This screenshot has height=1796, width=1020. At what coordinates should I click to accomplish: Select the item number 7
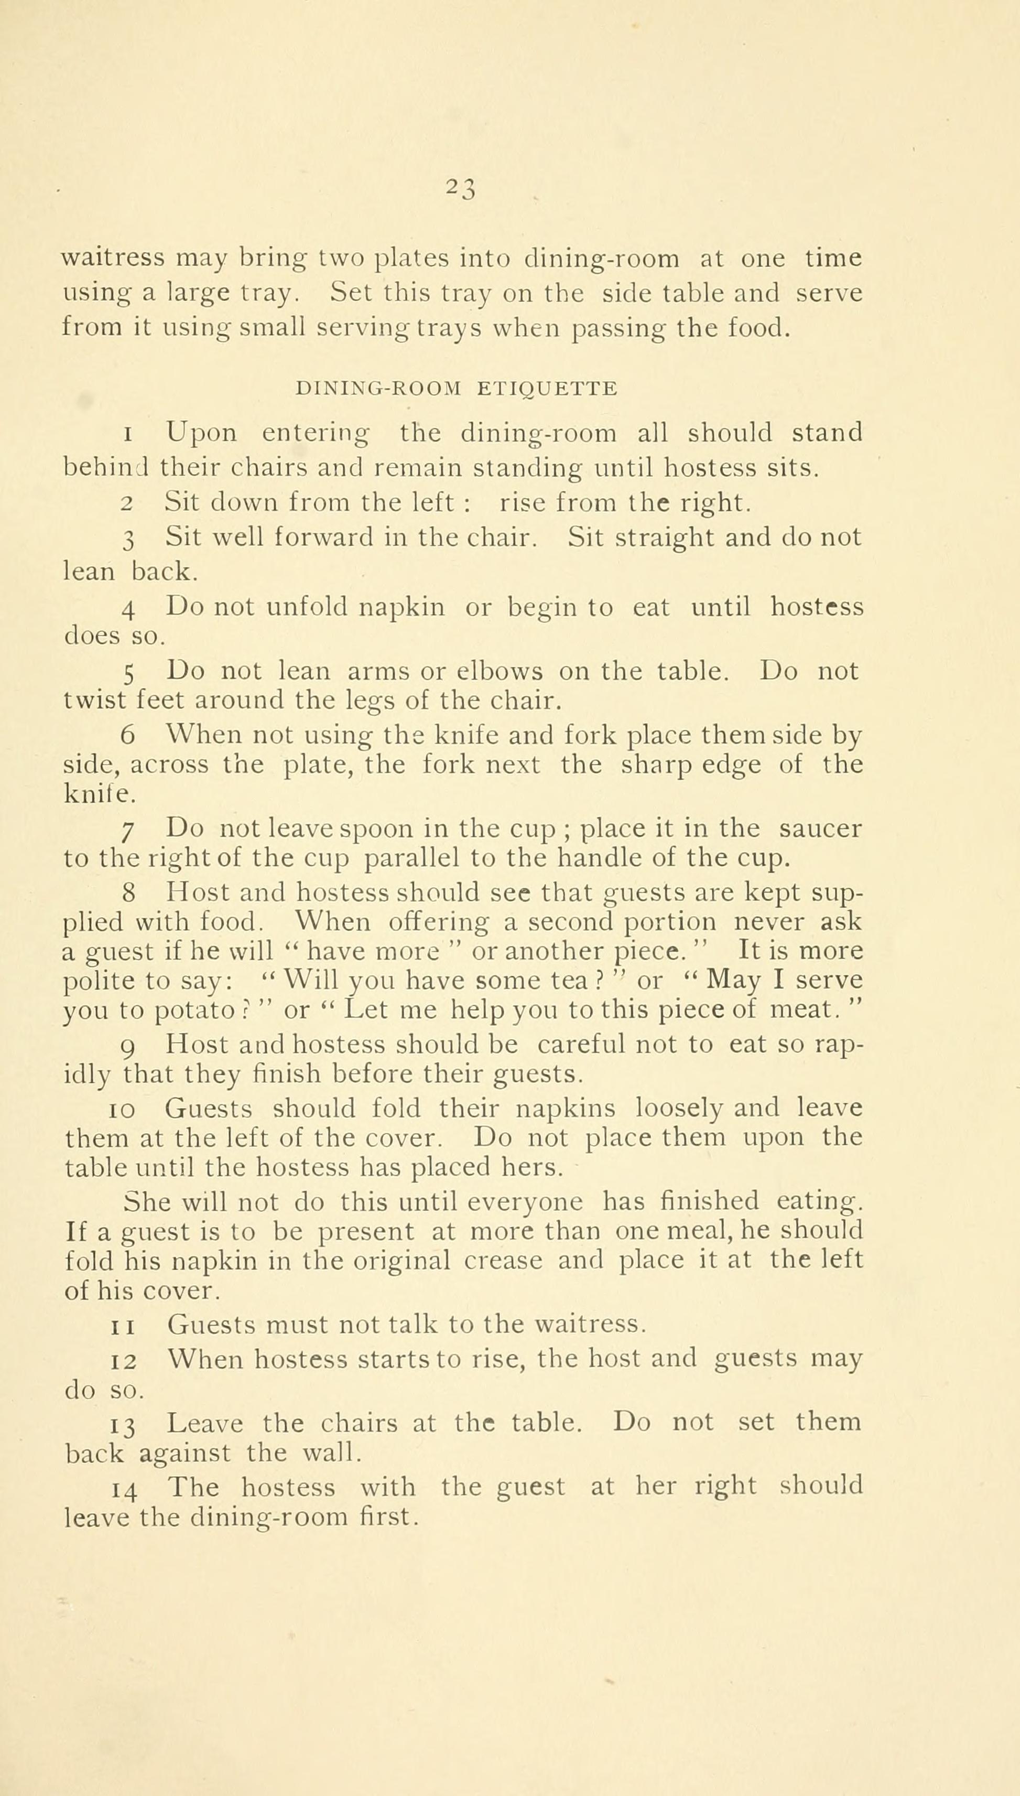(x=127, y=831)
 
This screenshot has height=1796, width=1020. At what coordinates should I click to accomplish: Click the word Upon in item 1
(x=202, y=433)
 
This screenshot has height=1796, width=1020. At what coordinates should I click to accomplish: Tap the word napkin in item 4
(x=402, y=606)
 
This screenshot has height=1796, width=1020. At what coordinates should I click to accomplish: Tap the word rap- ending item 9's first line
(x=838, y=1046)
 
